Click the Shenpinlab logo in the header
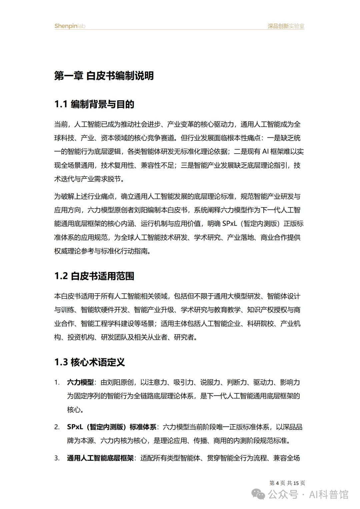[70, 26]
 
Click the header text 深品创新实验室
[286, 26]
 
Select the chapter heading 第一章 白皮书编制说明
[104, 76]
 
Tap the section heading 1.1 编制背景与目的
[94, 104]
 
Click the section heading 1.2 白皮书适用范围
[94, 276]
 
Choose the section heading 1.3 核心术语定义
[90, 362]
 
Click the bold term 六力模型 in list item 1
[80, 382]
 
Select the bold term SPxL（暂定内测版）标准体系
[112, 427]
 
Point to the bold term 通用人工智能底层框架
[100, 458]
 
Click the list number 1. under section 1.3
[57, 382]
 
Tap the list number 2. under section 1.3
[57, 427]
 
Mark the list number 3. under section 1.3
[57, 458]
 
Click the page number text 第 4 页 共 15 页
[287, 483]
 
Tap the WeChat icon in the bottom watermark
[259, 494]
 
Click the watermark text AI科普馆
[329, 494]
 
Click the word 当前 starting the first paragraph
[61, 125]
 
